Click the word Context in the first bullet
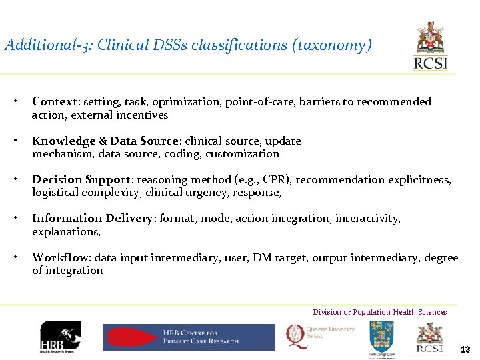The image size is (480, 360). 55,102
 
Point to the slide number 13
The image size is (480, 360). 465,349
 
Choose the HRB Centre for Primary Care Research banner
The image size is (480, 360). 188,337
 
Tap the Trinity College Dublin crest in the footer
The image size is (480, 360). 381,338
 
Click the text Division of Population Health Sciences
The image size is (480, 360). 380,312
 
